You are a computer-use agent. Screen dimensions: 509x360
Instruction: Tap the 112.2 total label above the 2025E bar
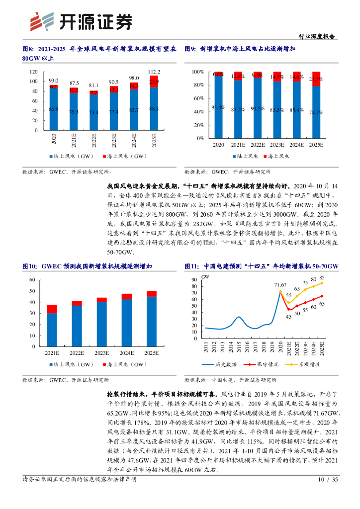(154, 72)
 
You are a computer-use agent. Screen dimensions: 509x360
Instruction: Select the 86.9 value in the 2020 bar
(54, 109)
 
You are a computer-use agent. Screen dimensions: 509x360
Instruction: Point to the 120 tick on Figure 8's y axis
(34, 72)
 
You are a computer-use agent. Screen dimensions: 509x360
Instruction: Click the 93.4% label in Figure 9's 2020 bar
(218, 107)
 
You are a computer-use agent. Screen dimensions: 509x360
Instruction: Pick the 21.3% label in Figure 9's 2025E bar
(316, 79)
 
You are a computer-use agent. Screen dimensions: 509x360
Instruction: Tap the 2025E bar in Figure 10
(151, 319)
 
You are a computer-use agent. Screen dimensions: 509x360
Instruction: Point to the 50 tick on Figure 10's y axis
(32, 291)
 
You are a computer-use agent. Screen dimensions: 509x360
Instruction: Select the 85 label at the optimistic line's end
(322, 277)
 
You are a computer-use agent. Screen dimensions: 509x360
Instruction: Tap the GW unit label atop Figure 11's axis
(205, 276)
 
